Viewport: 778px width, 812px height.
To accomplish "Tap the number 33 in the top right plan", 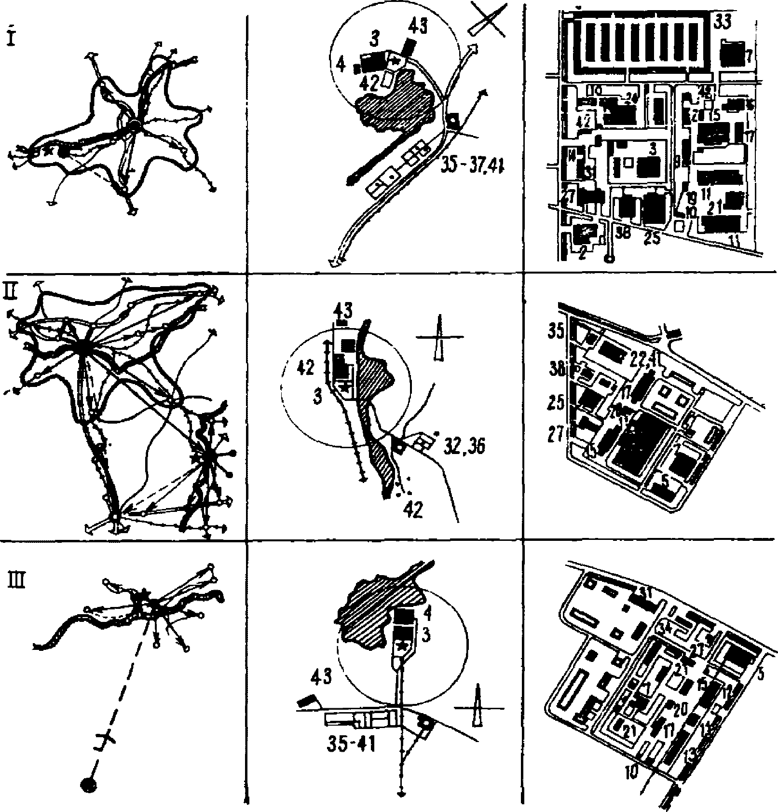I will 723,22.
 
